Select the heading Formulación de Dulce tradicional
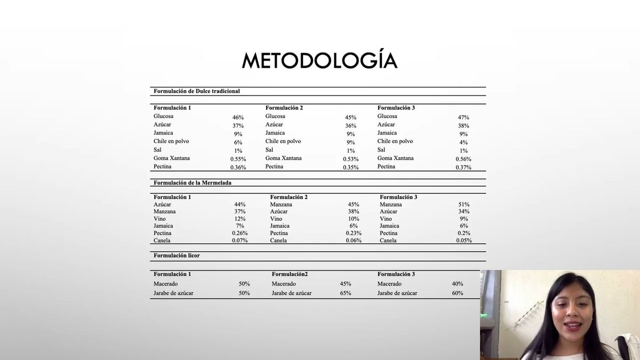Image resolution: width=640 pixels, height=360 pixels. click(196, 91)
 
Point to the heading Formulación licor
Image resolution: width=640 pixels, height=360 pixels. click(177, 255)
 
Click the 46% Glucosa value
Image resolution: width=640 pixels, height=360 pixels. click(238, 117)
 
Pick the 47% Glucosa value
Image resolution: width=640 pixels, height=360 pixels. click(463, 117)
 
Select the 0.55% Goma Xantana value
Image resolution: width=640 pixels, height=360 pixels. click(238, 159)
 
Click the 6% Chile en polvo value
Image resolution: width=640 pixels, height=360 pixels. click(238, 142)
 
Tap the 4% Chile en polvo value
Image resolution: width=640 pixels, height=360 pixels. click(463, 142)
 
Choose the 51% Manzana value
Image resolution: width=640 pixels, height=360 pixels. click(464, 204)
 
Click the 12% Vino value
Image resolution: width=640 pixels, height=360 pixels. click(239, 219)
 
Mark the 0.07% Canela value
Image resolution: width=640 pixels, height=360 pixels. click(239, 241)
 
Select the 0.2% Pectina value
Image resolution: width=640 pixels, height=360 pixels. click(464, 233)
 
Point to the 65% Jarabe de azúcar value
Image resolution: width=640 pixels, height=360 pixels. click(346, 293)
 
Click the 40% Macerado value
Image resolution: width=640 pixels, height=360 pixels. click(457, 284)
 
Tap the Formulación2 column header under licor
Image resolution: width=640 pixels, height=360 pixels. click(290, 274)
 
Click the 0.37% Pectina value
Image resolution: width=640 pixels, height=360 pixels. click(463, 167)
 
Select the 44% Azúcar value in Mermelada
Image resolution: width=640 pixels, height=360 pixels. click(239, 204)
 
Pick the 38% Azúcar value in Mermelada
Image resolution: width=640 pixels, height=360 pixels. click(354, 211)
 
